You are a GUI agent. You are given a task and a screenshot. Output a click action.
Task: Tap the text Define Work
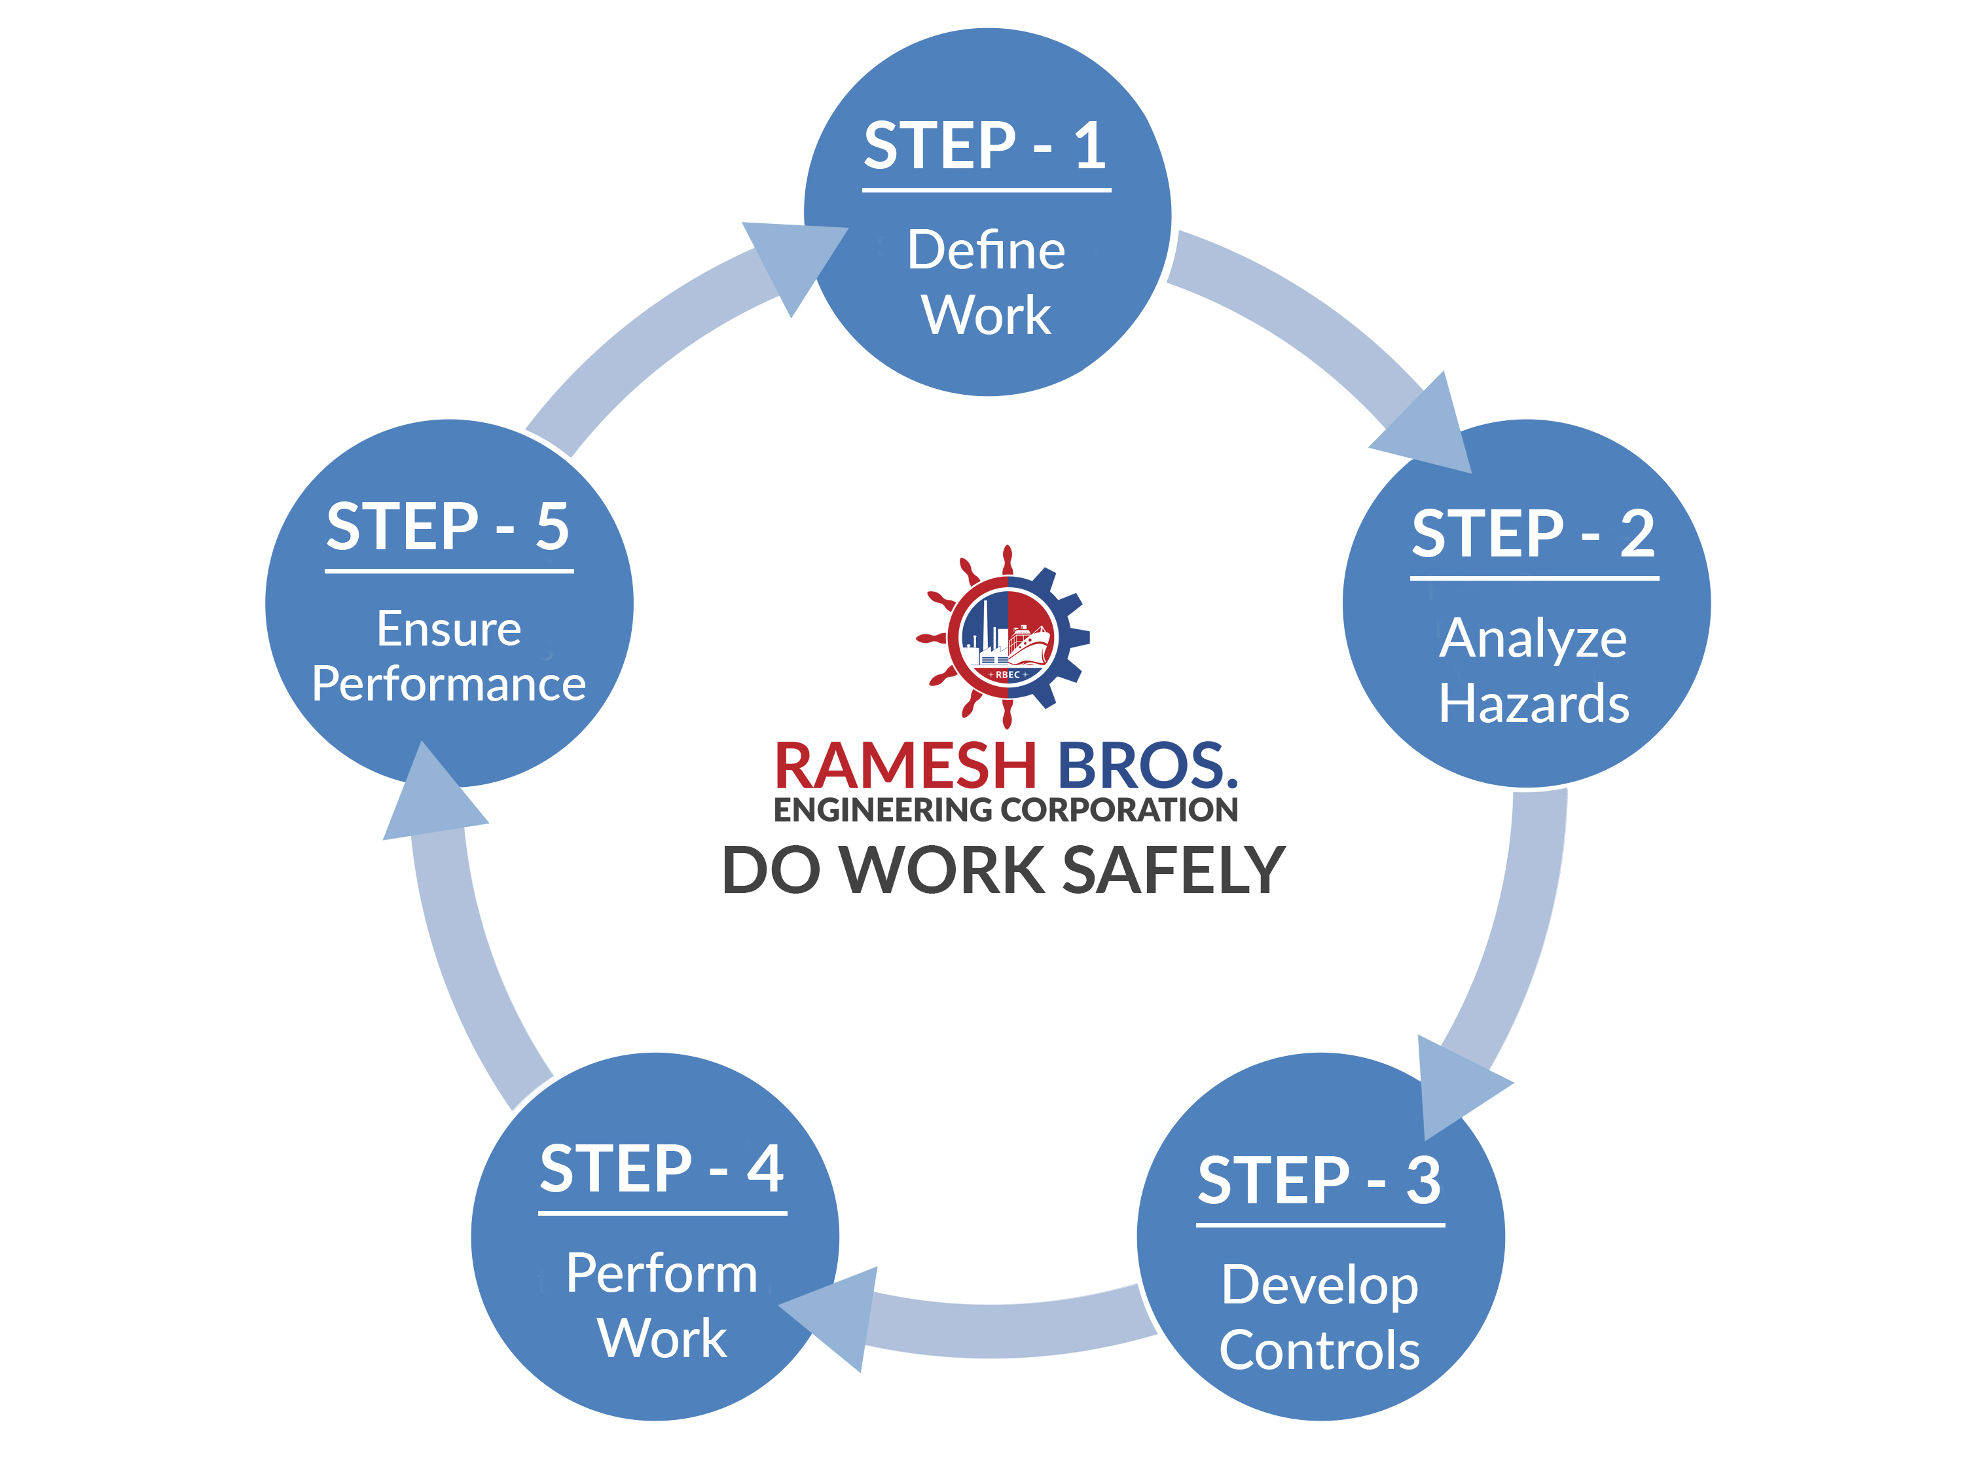[985, 282]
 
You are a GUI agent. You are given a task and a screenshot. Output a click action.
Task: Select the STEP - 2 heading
[1533, 534]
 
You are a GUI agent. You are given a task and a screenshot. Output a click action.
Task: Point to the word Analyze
[1533, 638]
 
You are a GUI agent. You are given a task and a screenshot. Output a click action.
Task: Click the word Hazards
[1533, 704]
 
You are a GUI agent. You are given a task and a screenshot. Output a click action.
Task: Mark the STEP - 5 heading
[448, 526]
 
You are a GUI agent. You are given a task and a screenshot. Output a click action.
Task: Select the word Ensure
[448, 630]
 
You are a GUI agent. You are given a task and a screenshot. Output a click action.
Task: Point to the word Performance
[448, 683]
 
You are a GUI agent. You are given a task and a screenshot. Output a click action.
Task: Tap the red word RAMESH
[905, 765]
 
